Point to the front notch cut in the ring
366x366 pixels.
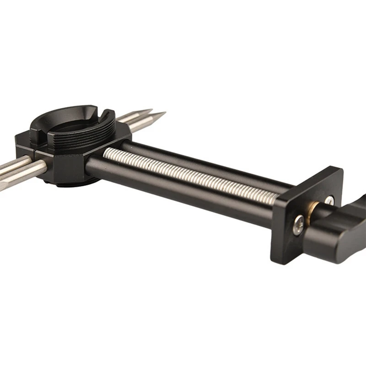40,134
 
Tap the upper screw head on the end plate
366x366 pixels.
329,200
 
